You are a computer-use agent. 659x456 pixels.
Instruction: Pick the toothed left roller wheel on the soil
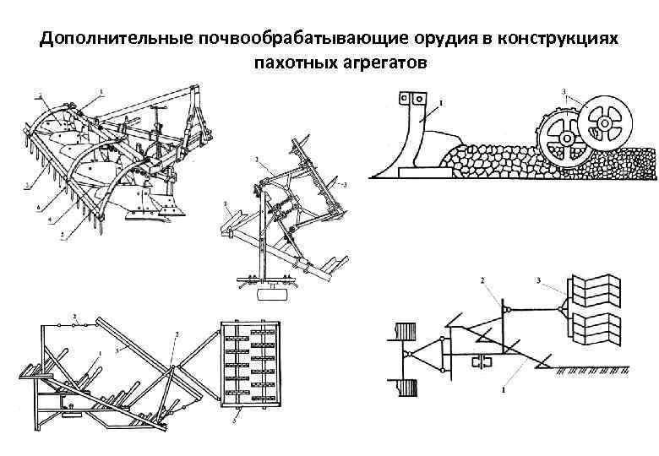point(561,140)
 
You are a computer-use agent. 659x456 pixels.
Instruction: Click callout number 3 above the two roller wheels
point(563,91)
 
